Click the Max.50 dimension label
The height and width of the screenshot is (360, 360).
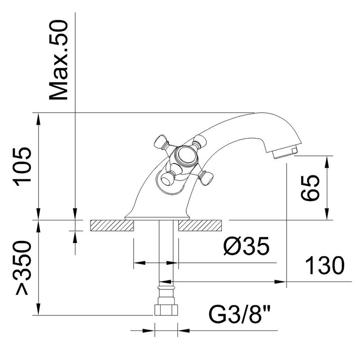click(x=58, y=60)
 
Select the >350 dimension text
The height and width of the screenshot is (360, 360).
click(x=23, y=268)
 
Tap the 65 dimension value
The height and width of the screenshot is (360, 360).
click(x=310, y=188)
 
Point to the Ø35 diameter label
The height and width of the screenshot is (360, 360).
click(x=246, y=246)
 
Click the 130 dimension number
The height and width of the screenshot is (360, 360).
click(x=325, y=265)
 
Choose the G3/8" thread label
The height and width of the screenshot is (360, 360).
click(x=239, y=313)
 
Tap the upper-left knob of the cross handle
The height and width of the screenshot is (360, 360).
click(x=161, y=142)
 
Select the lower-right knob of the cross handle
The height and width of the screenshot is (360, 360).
click(x=206, y=177)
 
